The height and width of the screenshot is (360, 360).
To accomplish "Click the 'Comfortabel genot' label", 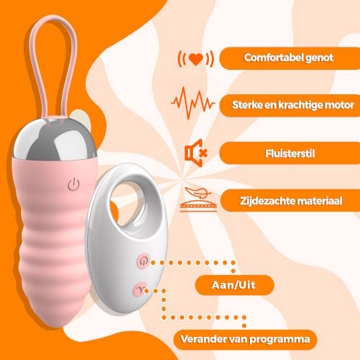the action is tap(289, 58).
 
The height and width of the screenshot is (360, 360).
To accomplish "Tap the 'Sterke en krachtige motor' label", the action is tap(293, 105).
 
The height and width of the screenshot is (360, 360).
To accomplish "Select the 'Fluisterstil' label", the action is tap(290, 153).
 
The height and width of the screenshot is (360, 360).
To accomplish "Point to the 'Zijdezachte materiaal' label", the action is tap(291, 201).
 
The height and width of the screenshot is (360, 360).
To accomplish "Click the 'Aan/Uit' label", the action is tap(233, 285).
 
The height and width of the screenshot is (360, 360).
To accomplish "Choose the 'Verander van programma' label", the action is tap(246, 339).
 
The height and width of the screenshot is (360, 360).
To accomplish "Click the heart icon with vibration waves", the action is tap(196, 59).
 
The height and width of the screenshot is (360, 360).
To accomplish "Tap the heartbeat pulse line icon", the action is tap(193, 103).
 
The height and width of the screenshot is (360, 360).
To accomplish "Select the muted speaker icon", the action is tap(196, 153).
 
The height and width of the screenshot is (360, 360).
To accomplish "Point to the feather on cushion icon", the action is tap(198, 199).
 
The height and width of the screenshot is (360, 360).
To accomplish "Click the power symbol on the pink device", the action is tap(73, 184).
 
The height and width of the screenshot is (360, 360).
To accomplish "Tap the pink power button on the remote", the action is tap(143, 261).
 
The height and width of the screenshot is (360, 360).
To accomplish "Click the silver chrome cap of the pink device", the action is tap(55, 139).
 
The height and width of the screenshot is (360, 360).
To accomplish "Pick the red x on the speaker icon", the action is tap(204, 153).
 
